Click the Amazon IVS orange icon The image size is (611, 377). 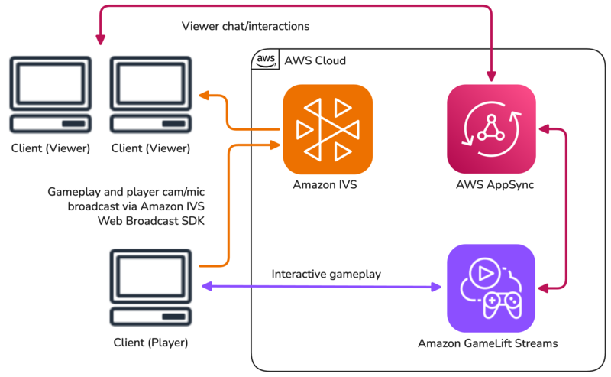click(328, 129)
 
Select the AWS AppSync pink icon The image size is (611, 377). click(492, 129)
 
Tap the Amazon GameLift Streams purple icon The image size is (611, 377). click(491, 288)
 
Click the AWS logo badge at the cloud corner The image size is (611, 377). click(265, 60)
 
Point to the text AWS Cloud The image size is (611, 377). click(315, 60)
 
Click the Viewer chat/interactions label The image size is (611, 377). click(245, 26)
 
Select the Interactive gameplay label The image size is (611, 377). click(326, 274)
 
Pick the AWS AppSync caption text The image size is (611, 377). click(492, 185)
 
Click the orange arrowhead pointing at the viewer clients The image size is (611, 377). click(204, 96)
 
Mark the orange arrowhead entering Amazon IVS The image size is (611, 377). click(276, 142)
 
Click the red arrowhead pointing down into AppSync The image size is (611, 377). click(492, 76)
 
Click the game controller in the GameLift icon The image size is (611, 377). click(500, 302)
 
